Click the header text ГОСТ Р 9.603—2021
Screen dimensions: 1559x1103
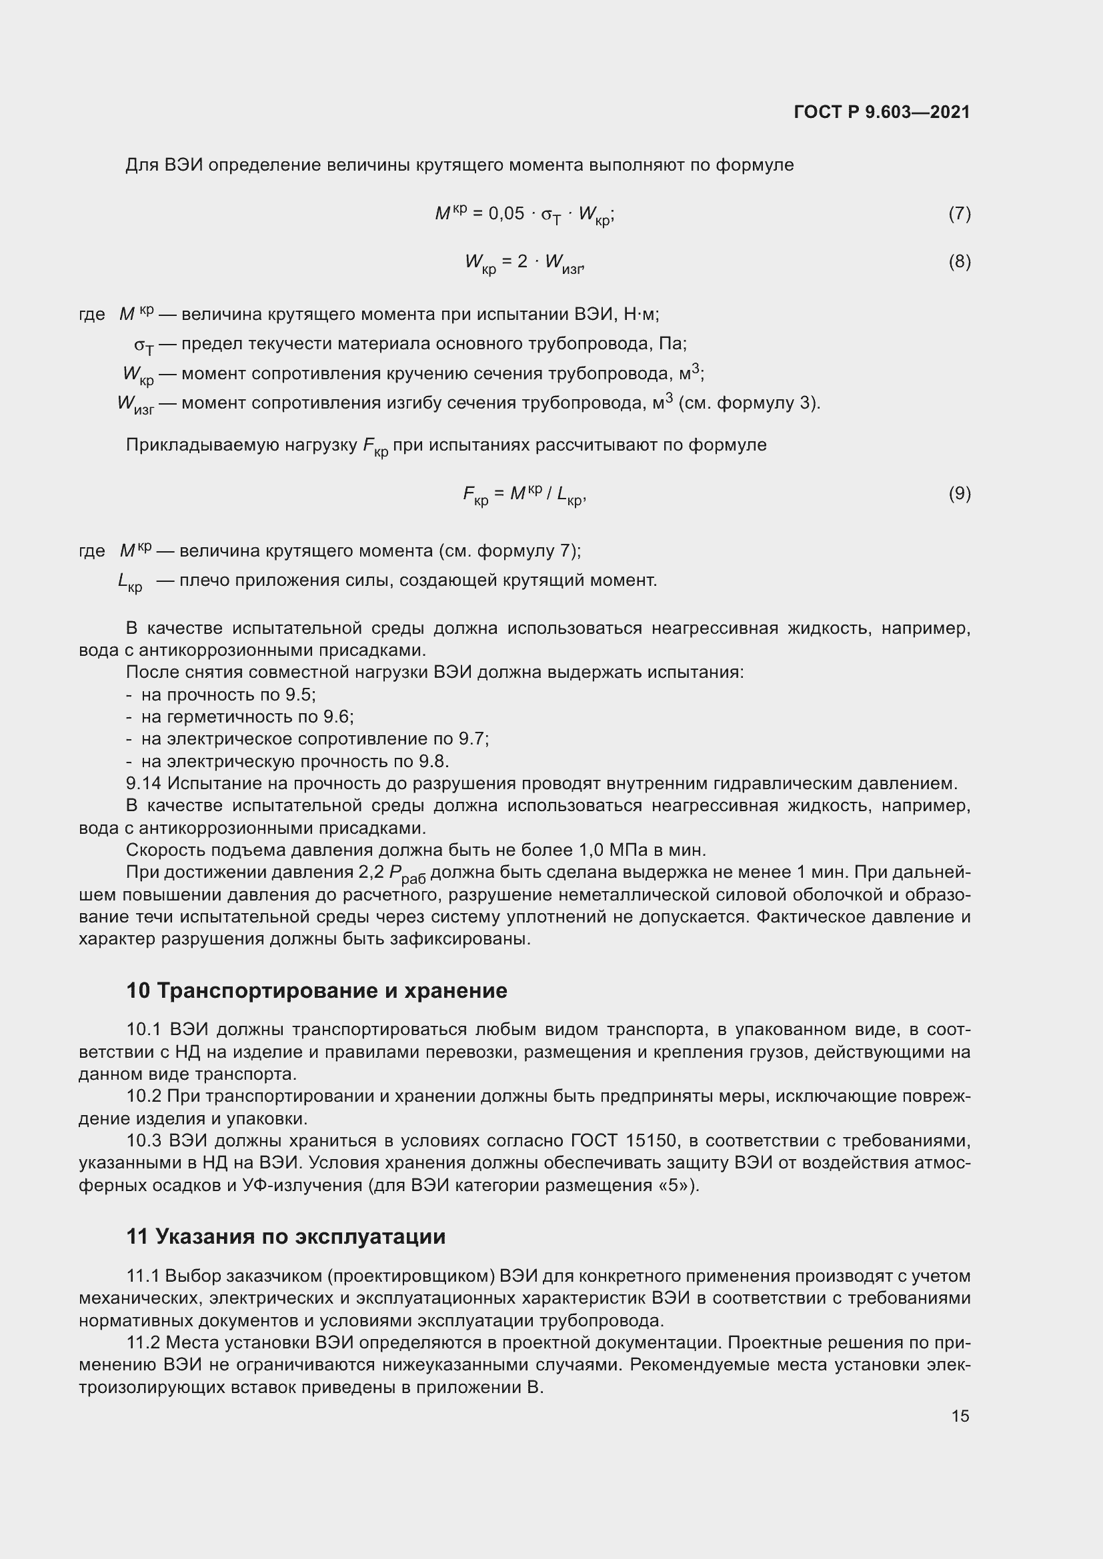882,112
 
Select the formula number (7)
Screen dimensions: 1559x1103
959,214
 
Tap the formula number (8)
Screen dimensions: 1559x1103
959,261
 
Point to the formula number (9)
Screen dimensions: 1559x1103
959,493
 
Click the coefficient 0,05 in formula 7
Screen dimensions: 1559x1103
507,214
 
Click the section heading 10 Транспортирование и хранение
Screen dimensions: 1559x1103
317,990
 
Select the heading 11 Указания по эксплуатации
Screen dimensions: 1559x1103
286,1236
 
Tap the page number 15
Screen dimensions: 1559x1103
960,1416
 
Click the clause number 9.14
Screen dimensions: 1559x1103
144,784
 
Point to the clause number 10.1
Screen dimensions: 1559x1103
144,1030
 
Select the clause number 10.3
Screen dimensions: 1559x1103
144,1140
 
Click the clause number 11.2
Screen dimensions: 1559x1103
143,1342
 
